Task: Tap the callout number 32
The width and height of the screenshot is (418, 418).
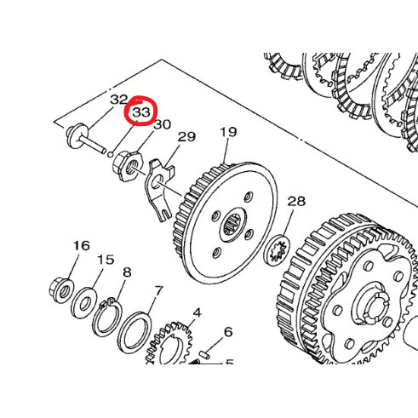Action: [x=118, y=100]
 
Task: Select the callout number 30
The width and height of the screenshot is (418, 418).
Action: [x=162, y=123]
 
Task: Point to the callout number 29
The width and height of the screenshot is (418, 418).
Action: [x=186, y=136]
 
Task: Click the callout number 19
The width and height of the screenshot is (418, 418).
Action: [x=228, y=132]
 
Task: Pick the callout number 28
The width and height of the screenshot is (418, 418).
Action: [x=295, y=202]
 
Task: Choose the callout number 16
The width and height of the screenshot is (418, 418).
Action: [x=81, y=247]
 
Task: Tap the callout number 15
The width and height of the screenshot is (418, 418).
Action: [x=105, y=260]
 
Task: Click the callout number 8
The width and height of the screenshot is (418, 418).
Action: [x=127, y=272]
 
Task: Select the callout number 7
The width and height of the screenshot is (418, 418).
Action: [x=158, y=291]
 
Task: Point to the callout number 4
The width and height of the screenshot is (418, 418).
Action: [x=196, y=312]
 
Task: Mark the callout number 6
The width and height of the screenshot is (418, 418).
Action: [x=227, y=332]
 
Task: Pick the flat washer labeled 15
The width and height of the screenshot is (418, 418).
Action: [x=84, y=301]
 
